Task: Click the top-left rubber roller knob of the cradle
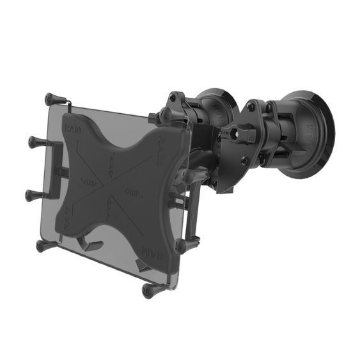pos(51,100)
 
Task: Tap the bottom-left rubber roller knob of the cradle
pos(42,245)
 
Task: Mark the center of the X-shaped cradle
pos(115,185)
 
